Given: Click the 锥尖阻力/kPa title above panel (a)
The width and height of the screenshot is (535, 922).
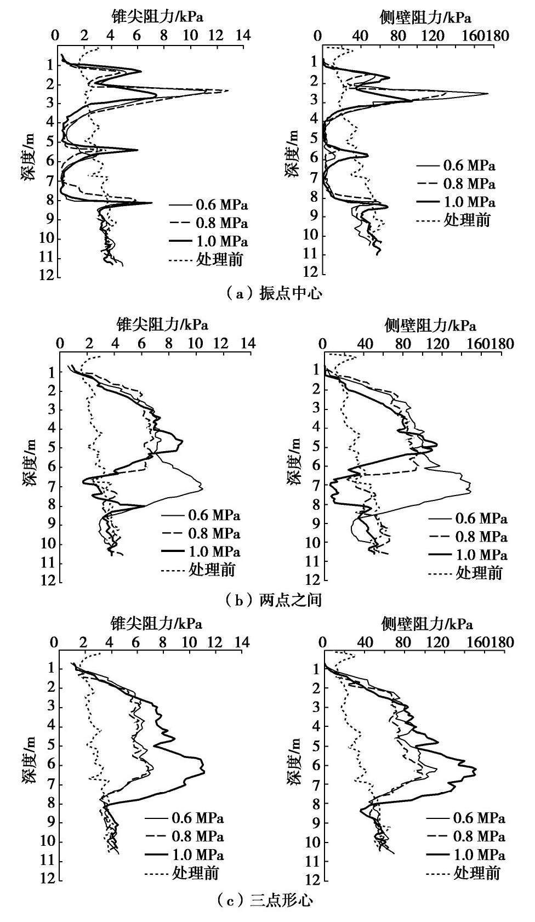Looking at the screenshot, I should (157, 16).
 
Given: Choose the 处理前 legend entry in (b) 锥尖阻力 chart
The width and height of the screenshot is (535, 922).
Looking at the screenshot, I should (212, 570).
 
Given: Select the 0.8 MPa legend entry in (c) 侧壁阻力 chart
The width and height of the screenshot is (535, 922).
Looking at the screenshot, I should (479, 836).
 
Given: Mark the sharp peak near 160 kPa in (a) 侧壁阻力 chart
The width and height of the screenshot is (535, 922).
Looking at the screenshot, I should (487, 94).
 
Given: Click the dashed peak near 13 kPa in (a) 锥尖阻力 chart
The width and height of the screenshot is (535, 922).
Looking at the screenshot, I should (226, 90).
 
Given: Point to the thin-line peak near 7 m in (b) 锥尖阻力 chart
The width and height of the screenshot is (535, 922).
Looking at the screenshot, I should (202, 488).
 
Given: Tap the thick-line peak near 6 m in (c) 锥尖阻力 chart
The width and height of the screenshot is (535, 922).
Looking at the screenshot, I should (204, 772).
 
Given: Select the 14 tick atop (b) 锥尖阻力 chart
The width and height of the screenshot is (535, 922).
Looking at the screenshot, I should (248, 344).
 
